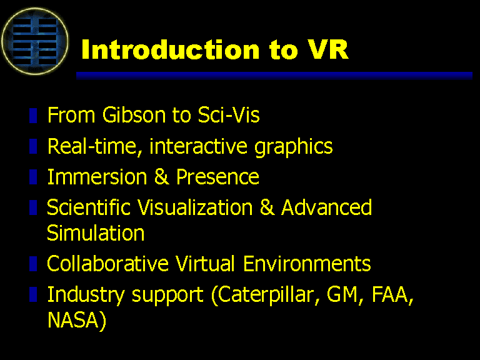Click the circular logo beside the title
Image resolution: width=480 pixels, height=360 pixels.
[x=34, y=41]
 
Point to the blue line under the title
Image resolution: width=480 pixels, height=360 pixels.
[x=274, y=76]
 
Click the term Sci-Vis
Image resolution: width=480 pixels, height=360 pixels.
[x=229, y=115]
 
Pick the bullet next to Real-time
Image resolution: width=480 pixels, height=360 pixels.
[x=33, y=146]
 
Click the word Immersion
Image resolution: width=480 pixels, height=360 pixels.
[x=97, y=177]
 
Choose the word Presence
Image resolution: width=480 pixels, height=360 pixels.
[x=217, y=177]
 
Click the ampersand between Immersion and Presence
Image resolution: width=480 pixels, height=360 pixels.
[x=161, y=177]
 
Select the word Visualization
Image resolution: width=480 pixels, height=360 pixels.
[x=195, y=207]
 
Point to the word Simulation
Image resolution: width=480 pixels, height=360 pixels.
[x=96, y=233]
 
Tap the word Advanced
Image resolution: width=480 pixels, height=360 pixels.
[x=327, y=207]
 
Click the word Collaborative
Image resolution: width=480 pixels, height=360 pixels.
[x=107, y=263]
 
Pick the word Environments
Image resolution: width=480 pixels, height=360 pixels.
[x=307, y=263]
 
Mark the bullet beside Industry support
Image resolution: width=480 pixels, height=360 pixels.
[x=33, y=294]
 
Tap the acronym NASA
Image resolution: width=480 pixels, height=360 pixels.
[x=73, y=320]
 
